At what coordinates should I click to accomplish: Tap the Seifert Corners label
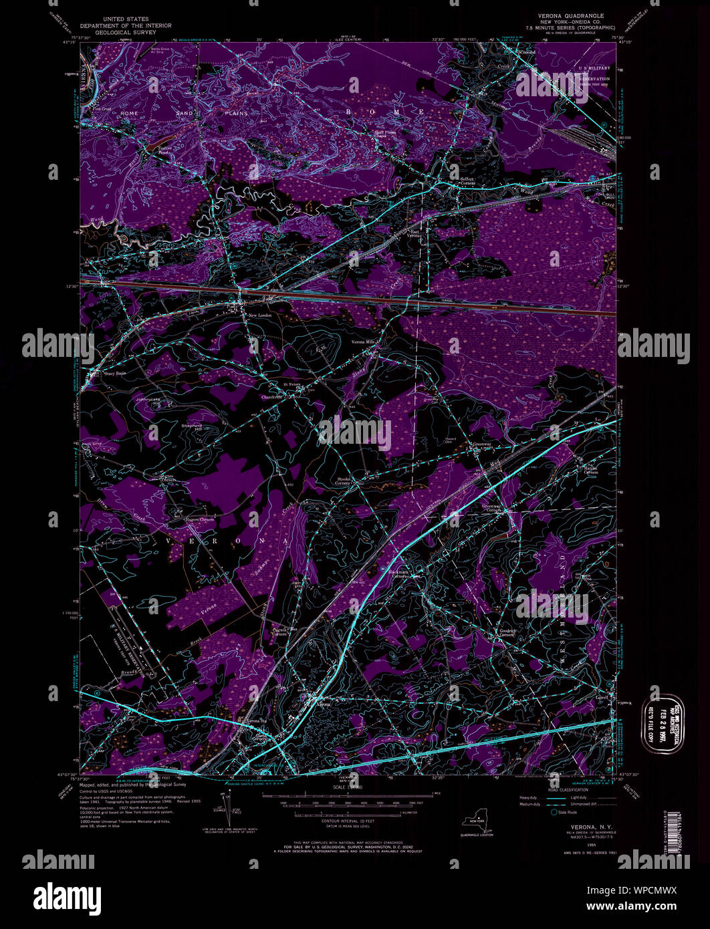(x=466, y=181)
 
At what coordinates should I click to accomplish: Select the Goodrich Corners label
(x=505, y=632)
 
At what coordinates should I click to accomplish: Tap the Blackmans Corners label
(x=402, y=575)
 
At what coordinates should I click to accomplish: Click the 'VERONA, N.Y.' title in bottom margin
(x=575, y=826)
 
